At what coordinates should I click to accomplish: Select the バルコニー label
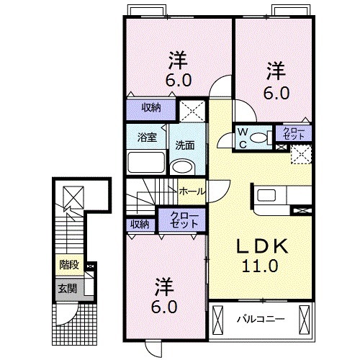261,318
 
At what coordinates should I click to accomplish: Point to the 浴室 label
147,137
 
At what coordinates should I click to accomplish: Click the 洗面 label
185,144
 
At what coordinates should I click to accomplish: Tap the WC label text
243,136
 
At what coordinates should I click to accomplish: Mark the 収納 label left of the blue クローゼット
140,224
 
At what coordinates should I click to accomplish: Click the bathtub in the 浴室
146,162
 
